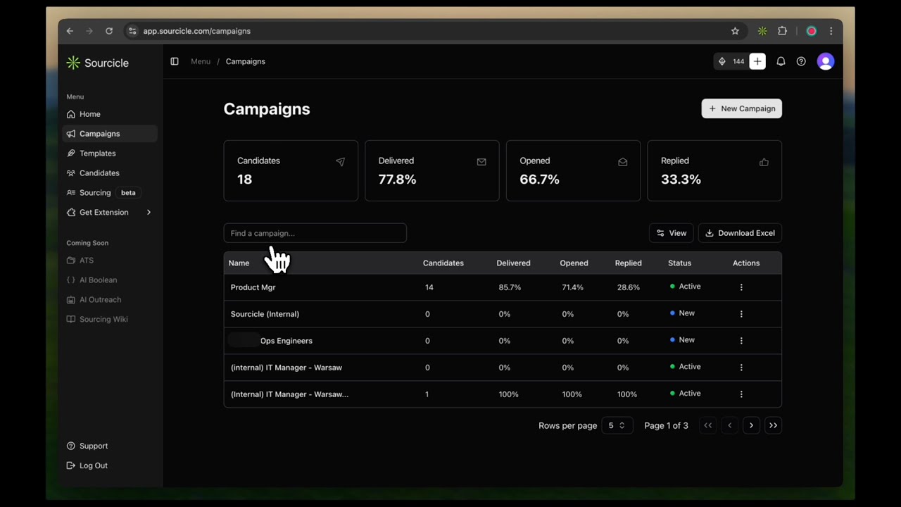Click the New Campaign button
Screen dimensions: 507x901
pyautogui.click(x=741, y=108)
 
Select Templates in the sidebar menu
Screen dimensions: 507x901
pyautogui.click(x=97, y=154)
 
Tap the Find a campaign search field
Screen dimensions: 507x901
pyautogui.click(x=315, y=233)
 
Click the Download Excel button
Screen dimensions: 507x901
pyautogui.click(x=740, y=233)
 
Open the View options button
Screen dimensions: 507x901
pyautogui.click(x=671, y=233)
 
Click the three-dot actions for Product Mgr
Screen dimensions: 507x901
pyautogui.click(x=741, y=287)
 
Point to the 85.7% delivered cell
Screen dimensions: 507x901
pyautogui.click(x=510, y=287)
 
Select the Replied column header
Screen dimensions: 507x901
pyautogui.click(x=628, y=263)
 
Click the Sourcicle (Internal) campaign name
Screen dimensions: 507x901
pyautogui.click(x=265, y=314)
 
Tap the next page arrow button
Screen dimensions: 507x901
pyautogui.click(x=751, y=425)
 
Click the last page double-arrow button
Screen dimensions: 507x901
pyautogui.click(x=773, y=425)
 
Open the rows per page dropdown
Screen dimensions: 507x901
pyautogui.click(x=617, y=425)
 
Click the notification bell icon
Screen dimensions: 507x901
pyautogui.click(x=781, y=62)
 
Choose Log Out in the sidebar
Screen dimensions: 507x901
pyautogui.click(x=93, y=465)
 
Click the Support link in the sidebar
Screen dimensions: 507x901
pyautogui.click(x=93, y=446)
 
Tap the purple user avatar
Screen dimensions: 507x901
pyautogui.click(x=826, y=62)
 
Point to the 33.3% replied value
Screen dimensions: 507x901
pyautogui.click(x=681, y=180)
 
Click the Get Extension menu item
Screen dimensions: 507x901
pyautogui.click(x=103, y=213)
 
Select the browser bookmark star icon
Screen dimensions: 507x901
pyautogui.click(x=735, y=31)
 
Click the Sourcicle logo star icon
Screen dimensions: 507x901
pyautogui.click(x=73, y=63)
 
